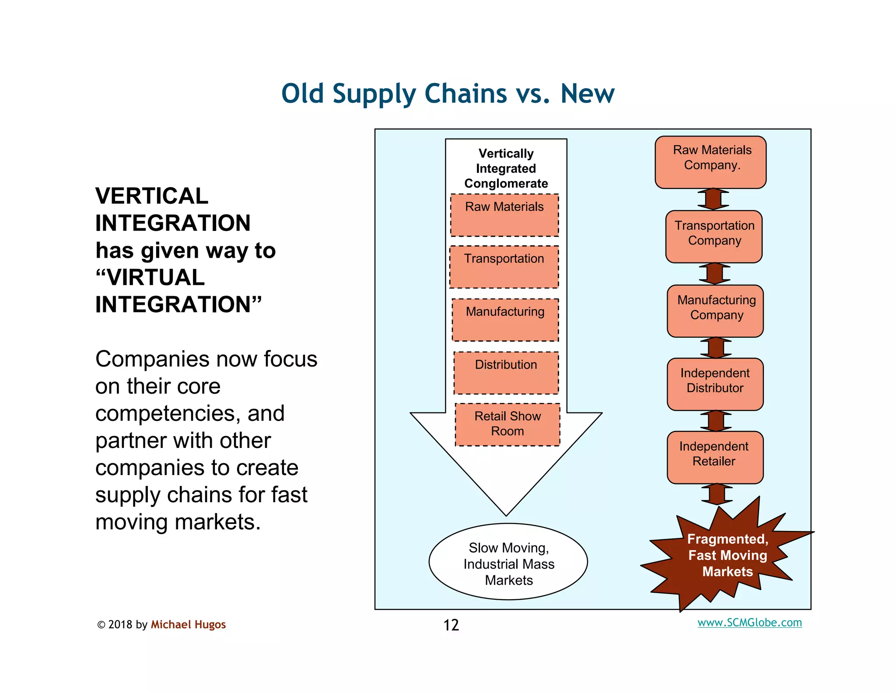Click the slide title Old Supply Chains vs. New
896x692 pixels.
448,94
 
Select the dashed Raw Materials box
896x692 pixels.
504,215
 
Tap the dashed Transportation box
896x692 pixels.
504,267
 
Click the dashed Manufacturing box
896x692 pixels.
505,320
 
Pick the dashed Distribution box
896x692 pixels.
506,373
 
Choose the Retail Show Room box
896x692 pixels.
507,424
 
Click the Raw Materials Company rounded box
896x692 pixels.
710,162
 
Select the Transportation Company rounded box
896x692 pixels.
714,237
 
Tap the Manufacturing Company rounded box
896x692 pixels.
715,311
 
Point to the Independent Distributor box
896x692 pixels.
715,384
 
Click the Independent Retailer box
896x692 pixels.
715,457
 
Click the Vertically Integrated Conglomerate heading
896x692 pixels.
506,168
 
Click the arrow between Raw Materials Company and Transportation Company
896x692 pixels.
713,199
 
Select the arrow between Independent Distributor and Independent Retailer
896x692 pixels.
715,421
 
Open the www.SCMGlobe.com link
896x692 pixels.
749,622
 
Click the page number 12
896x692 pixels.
451,625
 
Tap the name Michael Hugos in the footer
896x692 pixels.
188,624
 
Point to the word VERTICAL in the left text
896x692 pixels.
152,196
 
